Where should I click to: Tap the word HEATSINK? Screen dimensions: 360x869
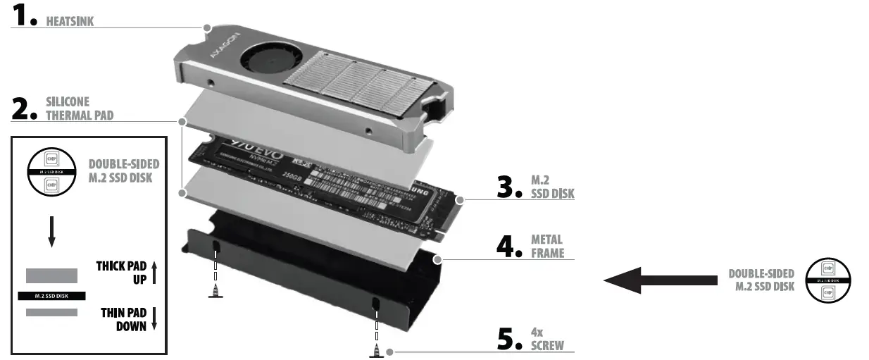pyautogui.click(x=70, y=22)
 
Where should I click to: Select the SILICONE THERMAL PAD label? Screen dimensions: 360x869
pyautogui.click(x=79, y=109)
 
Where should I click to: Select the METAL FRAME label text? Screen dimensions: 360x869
pyautogui.click(x=548, y=246)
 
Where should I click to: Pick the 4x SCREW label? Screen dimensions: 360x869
pyautogui.click(x=547, y=339)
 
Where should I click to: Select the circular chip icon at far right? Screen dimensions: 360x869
pyautogui.click(x=827, y=280)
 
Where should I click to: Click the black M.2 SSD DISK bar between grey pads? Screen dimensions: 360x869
pyautogui.click(x=51, y=295)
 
